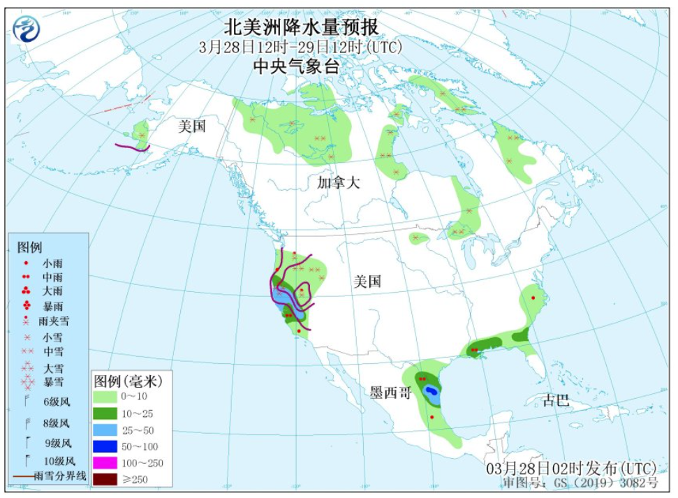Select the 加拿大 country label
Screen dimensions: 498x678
338,183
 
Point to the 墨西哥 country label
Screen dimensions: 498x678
390,393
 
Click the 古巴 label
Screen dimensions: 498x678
557,401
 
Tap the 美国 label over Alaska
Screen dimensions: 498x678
191,126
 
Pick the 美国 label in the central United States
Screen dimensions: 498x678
367,281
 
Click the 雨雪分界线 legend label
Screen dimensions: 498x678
61,476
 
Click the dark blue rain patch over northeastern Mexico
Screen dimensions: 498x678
432,390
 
